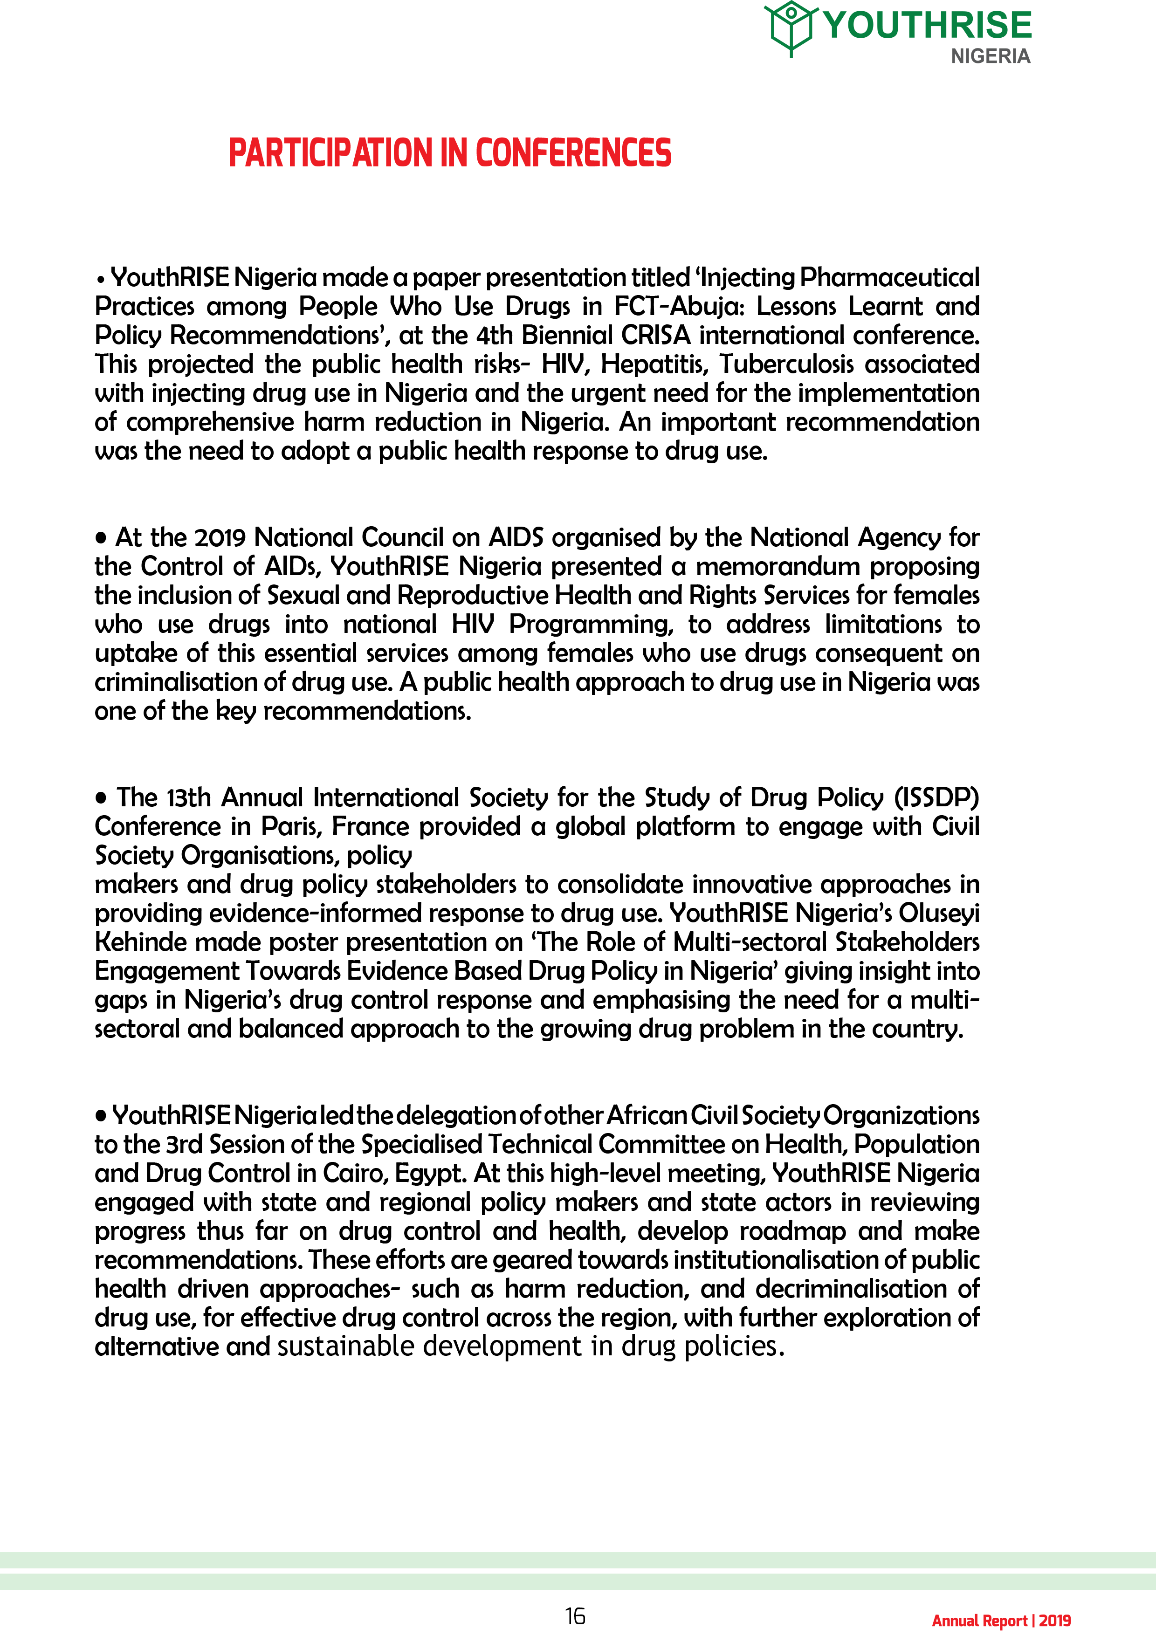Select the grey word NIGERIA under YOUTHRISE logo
(990, 56)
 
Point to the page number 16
(575, 1616)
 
